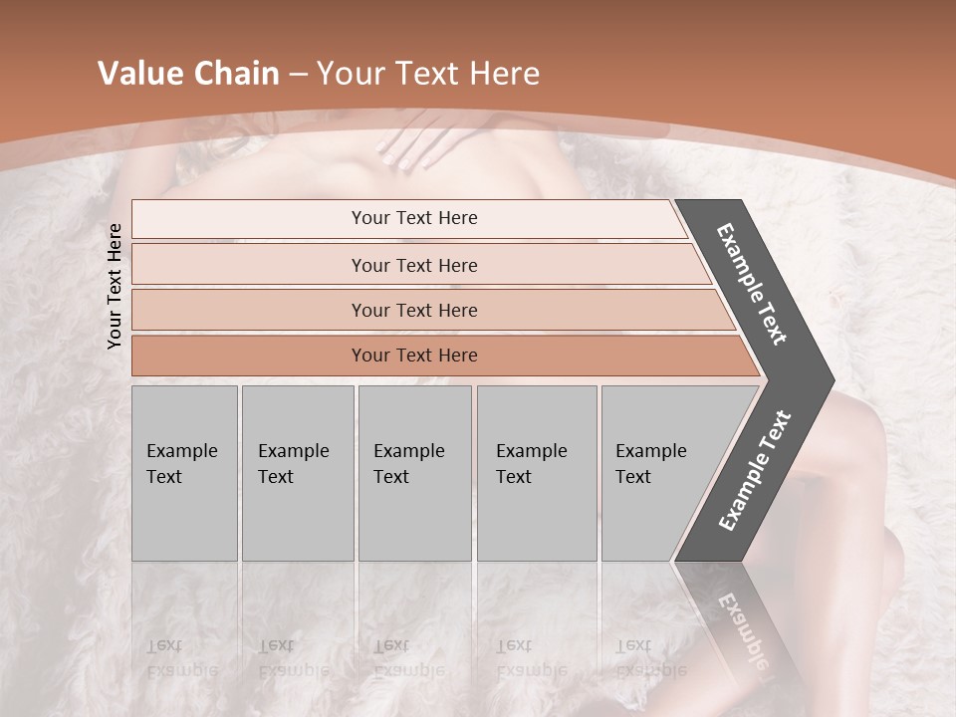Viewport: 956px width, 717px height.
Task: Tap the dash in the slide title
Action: tap(297, 75)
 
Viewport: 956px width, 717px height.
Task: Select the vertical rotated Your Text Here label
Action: tap(115, 286)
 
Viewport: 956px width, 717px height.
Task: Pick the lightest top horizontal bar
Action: tap(413, 218)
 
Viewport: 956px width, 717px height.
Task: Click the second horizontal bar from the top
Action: tap(413, 265)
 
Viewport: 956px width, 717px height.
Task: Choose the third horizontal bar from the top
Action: tap(413, 310)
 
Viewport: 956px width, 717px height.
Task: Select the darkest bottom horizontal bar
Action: tap(413, 356)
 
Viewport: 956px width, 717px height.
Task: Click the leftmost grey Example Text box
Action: tap(184, 473)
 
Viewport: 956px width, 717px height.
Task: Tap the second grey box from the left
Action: tap(297, 473)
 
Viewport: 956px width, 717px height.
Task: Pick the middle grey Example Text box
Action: tap(414, 473)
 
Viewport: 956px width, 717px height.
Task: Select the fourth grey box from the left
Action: tap(536, 473)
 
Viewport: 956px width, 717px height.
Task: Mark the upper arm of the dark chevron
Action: tap(753, 284)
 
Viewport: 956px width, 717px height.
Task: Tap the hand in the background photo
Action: tap(418, 140)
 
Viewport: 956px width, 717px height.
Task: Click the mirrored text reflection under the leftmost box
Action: tap(183, 658)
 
